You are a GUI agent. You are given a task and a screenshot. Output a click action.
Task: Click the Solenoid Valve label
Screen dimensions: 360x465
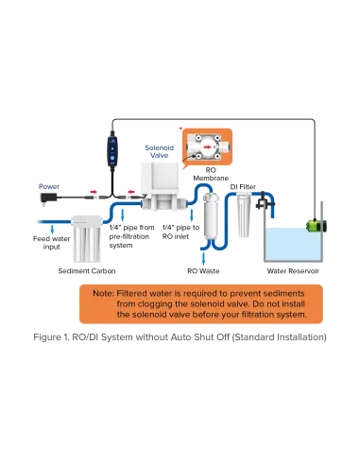(159, 151)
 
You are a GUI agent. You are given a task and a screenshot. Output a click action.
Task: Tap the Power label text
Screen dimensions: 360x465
(49, 186)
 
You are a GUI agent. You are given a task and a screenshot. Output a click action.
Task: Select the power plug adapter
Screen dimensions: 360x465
(48, 198)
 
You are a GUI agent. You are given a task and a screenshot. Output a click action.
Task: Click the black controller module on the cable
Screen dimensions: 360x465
(112, 151)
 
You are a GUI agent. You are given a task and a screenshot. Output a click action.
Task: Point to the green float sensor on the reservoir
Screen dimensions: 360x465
(317, 226)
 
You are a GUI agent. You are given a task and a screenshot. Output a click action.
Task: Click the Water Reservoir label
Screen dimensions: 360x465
(293, 271)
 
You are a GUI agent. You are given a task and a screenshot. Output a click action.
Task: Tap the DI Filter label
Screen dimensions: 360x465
(243, 187)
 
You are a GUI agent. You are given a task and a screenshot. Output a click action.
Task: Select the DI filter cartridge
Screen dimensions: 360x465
(244, 215)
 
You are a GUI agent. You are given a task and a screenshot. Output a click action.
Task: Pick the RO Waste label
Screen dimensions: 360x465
(203, 271)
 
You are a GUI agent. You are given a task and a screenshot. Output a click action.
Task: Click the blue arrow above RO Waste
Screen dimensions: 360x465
(203, 259)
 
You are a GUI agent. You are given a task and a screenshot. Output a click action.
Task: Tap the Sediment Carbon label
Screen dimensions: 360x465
(87, 271)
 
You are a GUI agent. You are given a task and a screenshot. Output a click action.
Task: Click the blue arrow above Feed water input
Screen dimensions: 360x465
(52, 229)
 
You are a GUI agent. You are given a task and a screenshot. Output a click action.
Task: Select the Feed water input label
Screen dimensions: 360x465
(51, 243)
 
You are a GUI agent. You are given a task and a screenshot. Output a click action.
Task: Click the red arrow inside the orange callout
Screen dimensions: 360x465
(207, 146)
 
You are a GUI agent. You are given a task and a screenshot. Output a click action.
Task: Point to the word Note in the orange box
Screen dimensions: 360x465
(102, 294)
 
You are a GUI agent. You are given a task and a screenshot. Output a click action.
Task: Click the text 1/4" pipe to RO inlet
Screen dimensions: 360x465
(180, 232)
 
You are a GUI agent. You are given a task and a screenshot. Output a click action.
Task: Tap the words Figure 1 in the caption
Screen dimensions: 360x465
(51, 337)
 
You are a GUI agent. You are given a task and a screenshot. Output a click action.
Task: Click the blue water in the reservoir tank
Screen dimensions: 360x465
(293, 244)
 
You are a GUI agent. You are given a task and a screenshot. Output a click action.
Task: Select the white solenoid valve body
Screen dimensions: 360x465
(160, 186)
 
